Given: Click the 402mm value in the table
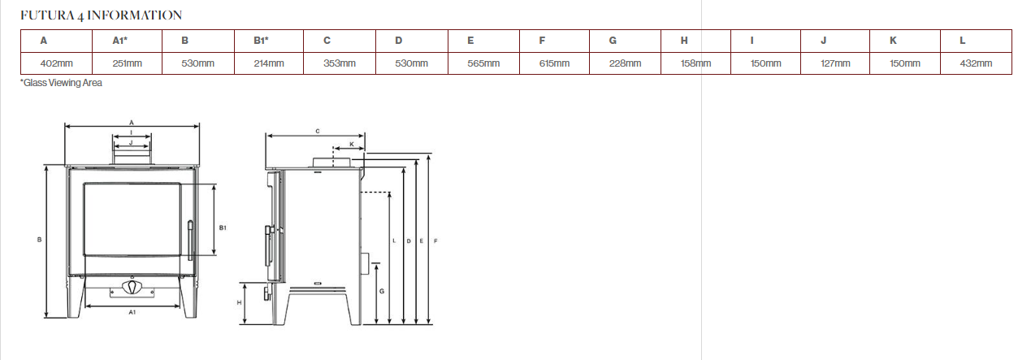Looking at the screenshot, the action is pyautogui.click(x=56, y=63).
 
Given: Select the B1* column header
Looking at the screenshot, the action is pyautogui.click(x=261, y=41).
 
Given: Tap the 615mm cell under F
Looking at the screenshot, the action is pyautogui.click(x=554, y=63).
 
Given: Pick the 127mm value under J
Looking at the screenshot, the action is pyautogui.click(x=835, y=63).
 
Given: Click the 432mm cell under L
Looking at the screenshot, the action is pyautogui.click(x=976, y=63).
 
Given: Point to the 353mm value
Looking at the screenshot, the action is pyautogui.click(x=340, y=63).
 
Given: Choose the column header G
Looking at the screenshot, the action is pyautogui.click(x=613, y=41).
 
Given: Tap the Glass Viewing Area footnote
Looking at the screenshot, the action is pyautogui.click(x=62, y=83).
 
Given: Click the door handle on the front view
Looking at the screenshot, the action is pyautogui.click(x=190, y=240).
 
